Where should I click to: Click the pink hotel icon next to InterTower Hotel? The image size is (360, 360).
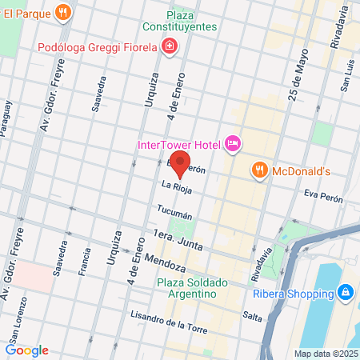[233, 144]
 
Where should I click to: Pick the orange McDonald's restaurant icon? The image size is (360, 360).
[259, 170]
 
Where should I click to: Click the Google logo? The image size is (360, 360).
[27, 350]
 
